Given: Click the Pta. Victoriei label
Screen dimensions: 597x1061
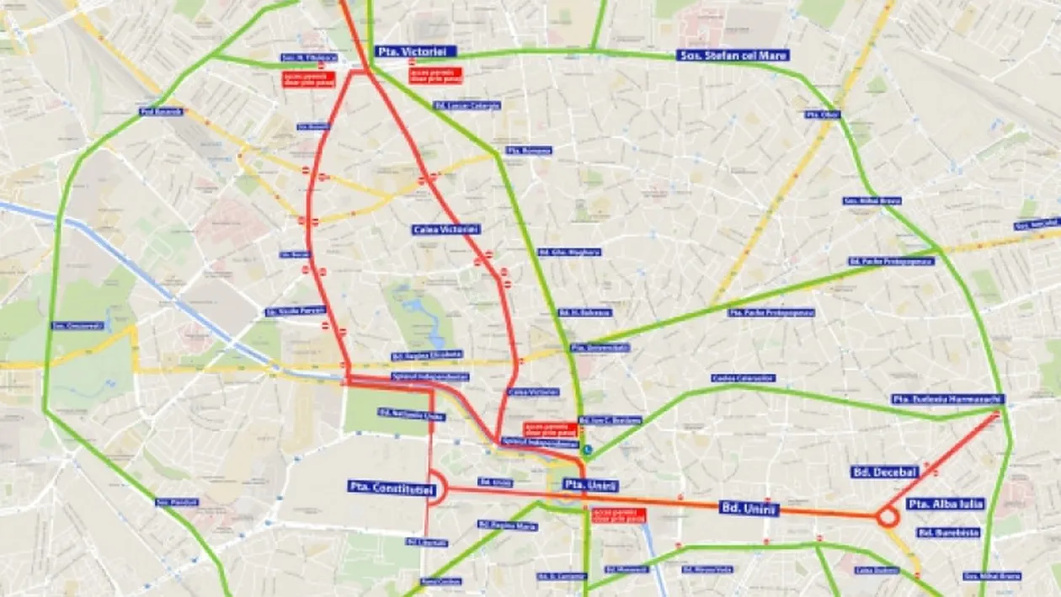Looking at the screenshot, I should point(414,51).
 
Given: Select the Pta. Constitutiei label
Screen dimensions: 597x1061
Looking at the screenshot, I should point(391,488).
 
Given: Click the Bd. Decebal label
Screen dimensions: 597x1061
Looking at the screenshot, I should point(884,472).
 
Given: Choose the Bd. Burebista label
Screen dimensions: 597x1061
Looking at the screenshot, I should point(949,533).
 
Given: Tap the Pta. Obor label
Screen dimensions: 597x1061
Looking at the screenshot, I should point(822,115).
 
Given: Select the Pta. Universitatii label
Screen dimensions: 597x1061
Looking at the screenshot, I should point(600,348).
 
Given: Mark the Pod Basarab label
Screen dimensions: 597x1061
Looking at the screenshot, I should point(162,111).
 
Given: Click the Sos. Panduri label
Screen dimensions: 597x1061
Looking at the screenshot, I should point(178,502).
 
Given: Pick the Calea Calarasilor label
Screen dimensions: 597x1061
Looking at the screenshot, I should point(743,378).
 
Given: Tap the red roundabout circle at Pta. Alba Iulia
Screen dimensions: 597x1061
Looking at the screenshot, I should point(887,517).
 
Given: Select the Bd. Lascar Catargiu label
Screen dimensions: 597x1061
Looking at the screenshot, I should point(467,105).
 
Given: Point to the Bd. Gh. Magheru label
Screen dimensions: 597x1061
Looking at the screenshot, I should point(569,252).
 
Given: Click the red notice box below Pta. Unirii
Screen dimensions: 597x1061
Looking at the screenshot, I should point(619,515).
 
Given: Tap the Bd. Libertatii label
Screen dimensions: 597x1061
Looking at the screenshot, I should point(427,542).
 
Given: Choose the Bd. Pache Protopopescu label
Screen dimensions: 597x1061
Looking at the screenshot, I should point(891,261).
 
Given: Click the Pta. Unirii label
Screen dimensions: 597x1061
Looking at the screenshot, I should point(591,486).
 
